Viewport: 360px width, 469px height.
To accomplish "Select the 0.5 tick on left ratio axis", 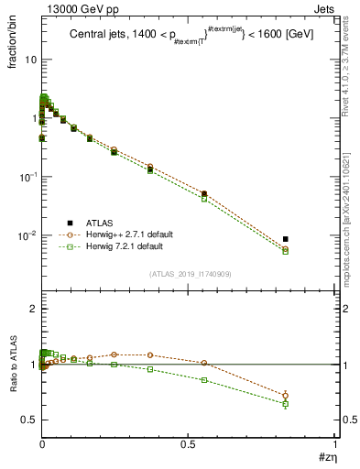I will (28, 420).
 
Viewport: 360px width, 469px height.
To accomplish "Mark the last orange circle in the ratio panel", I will (286, 396).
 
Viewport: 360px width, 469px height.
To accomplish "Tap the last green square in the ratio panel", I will (286, 403).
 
